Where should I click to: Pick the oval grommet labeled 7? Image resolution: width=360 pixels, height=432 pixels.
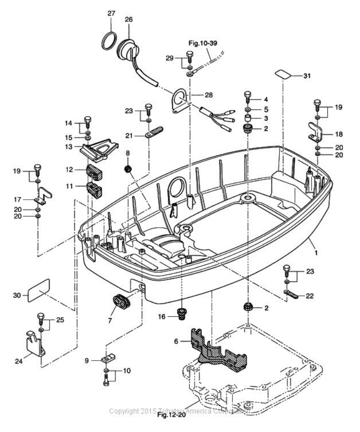122,301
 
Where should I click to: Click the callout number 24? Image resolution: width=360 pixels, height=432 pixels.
18,361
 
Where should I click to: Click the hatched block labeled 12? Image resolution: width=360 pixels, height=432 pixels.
94,172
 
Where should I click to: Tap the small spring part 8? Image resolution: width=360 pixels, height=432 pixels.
129,170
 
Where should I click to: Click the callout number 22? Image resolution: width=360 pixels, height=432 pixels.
310,296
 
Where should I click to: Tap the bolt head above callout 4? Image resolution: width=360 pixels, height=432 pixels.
247,95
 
